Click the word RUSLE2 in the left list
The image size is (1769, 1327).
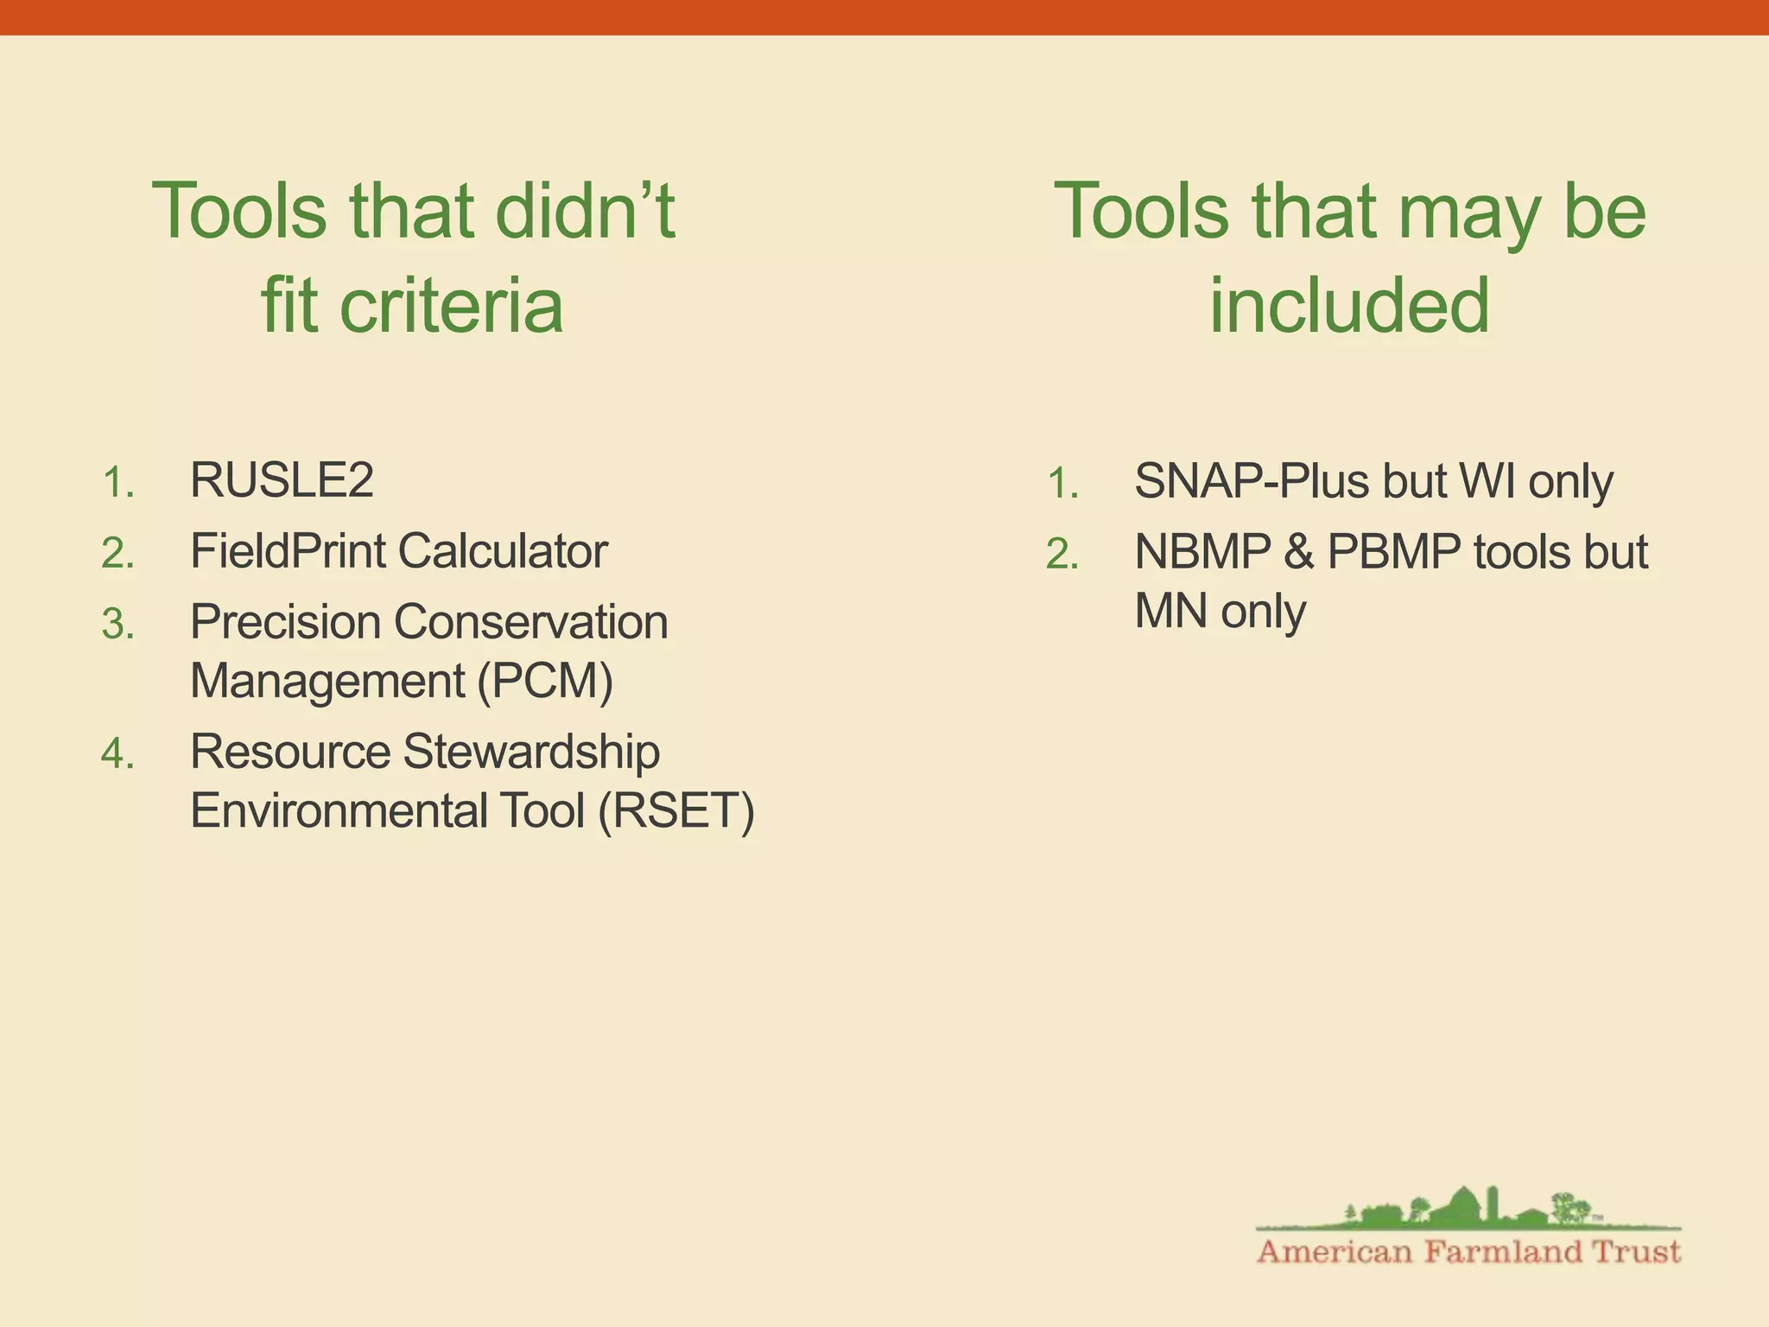tap(282, 480)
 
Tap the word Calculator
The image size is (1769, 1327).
tap(503, 551)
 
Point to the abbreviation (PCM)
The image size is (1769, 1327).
tap(545, 681)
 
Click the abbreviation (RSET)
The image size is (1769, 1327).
tap(676, 811)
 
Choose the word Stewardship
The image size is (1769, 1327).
tap(531, 752)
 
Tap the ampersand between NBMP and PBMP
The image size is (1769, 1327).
tap(1298, 552)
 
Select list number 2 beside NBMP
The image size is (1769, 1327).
tap(1062, 555)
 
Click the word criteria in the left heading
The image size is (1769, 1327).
tap(451, 306)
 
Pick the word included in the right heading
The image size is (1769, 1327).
tap(1349, 306)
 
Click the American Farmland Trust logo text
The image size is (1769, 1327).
tap(1468, 1252)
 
